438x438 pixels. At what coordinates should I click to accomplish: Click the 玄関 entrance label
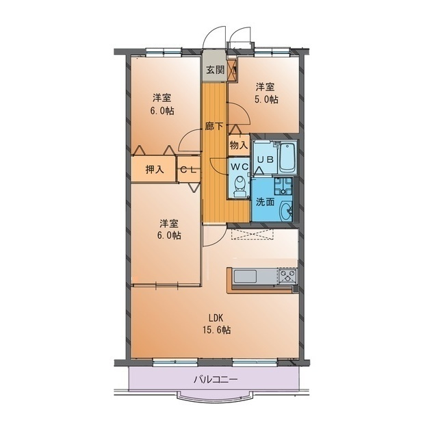coord(216,70)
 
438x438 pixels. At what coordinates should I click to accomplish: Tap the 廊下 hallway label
coord(214,127)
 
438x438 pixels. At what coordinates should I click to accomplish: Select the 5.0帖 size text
coord(266,99)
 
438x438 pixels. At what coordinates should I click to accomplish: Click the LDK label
coord(216,318)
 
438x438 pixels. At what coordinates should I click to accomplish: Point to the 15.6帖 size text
coord(217,330)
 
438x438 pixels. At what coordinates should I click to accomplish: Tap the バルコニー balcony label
coord(216,380)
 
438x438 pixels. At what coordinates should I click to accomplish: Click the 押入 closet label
coord(155,169)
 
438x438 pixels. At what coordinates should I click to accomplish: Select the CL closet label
coord(189,170)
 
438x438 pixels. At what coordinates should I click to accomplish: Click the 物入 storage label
coord(239,145)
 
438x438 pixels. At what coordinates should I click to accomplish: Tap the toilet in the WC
coord(240,187)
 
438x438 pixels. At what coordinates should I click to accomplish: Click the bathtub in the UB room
coord(287,158)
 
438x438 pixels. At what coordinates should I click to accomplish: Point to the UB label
coord(265,159)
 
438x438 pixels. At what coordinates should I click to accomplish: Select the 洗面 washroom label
coord(265,202)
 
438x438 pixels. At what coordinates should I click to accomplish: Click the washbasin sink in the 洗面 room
coord(286,210)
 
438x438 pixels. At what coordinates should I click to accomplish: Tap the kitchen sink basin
coord(245,276)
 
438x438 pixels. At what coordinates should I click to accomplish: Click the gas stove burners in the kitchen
coord(287,276)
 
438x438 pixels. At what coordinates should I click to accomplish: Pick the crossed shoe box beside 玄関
coord(233,70)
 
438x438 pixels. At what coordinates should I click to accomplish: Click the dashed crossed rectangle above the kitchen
coord(252,234)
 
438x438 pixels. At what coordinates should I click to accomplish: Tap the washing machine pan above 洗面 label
coord(283,185)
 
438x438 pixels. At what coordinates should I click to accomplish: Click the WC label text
coord(240,167)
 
